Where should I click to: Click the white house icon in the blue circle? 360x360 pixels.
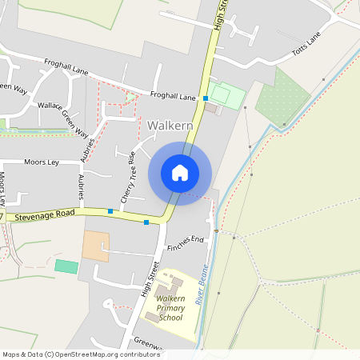(x=180, y=173)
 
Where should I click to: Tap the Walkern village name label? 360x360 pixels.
(x=170, y=126)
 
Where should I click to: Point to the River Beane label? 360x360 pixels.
(x=201, y=283)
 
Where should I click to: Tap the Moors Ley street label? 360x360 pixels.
(x=42, y=162)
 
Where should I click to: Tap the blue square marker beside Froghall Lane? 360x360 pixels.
(x=206, y=98)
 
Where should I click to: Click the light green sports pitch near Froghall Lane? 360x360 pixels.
(x=226, y=95)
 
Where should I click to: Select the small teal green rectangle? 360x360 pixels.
(x=66, y=266)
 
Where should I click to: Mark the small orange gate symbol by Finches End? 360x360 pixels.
(x=216, y=230)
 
